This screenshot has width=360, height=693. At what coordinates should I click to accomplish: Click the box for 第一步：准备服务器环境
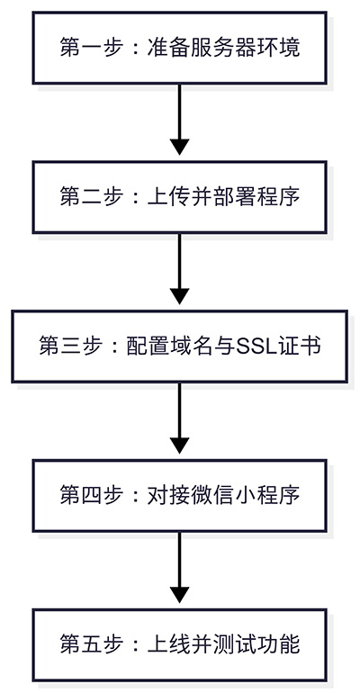pyautogui.click(x=179, y=48)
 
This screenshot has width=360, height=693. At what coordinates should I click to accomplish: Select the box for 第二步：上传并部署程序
pyautogui.click(x=179, y=197)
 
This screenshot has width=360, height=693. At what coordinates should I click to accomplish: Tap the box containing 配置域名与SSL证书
pyautogui.click(x=179, y=346)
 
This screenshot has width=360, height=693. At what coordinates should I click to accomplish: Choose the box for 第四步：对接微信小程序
pyautogui.click(x=179, y=496)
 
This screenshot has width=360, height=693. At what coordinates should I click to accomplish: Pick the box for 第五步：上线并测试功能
pyautogui.click(x=179, y=644)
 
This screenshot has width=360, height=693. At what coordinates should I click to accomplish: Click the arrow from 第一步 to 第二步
pyautogui.click(x=179, y=120)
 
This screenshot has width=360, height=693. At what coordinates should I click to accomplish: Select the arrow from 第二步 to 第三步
pyautogui.click(x=179, y=269)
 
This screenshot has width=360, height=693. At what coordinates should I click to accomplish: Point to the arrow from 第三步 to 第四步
pyautogui.click(x=179, y=418)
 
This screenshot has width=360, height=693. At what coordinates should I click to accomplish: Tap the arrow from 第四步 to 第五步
pyautogui.click(x=179, y=568)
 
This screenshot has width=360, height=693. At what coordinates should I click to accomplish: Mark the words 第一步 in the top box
pyautogui.click(x=83, y=48)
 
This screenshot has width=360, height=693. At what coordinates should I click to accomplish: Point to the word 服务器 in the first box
pyautogui.click(x=215, y=48)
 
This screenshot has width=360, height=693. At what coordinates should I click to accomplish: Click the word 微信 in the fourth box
pyautogui.click(x=215, y=496)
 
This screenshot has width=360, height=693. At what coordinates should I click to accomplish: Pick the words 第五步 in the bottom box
pyautogui.click(x=83, y=644)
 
